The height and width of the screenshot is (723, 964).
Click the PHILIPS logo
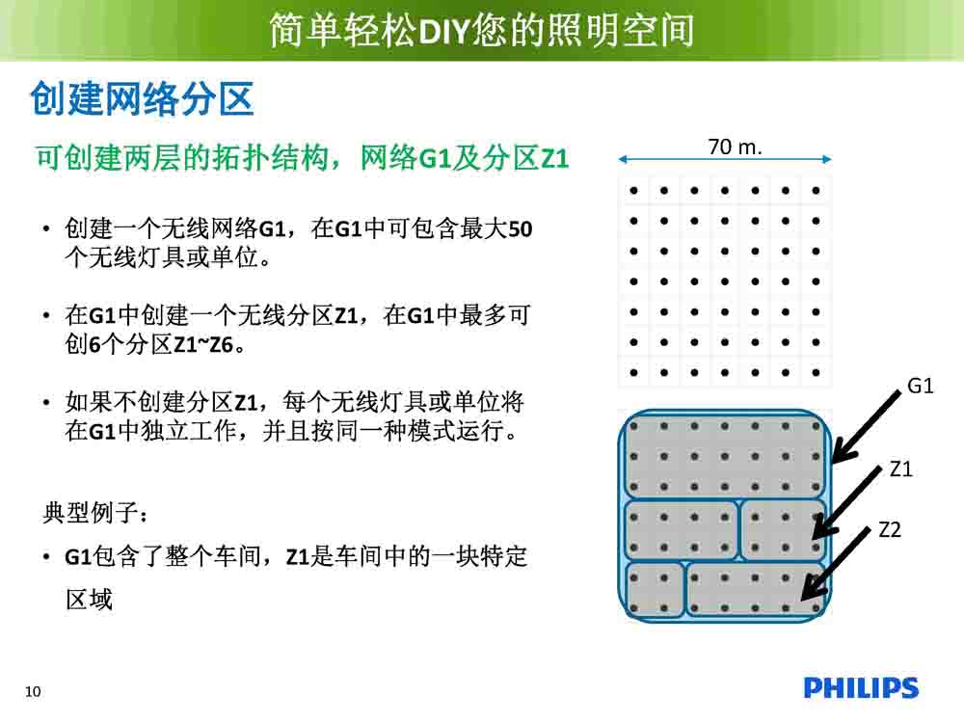pos(861,688)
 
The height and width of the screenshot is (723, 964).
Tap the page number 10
pos(33,691)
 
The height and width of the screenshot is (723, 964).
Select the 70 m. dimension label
pos(735,147)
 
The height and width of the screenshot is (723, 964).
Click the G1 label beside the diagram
pos(921,387)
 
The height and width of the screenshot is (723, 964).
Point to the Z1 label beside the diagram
pos(900,469)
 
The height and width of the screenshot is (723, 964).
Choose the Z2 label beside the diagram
pos(890,529)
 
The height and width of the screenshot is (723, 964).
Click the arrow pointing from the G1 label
pos(866,426)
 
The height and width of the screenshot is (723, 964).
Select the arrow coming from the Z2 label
pos(836,563)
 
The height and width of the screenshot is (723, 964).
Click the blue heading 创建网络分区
pos(142,98)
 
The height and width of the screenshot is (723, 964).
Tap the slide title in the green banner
pos(482,30)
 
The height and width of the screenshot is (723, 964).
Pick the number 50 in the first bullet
pos(521,229)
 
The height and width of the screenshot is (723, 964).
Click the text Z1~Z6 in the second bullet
pos(202,344)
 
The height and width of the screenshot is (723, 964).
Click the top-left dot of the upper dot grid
pos(634,191)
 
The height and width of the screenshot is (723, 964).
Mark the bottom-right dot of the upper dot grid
pos(816,372)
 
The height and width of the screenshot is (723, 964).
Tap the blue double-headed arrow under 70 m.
pos(725,159)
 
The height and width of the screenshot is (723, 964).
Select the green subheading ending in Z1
pos(303,158)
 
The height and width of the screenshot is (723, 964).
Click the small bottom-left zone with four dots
pos(656,590)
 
